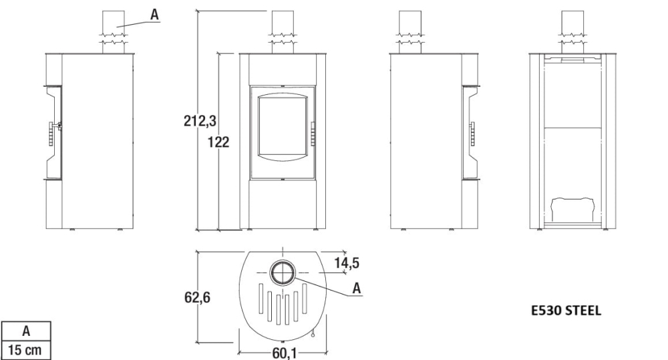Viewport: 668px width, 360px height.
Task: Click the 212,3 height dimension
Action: point(200,121)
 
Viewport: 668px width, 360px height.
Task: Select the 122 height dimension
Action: point(218,142)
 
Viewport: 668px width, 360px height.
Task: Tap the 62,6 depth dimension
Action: point(197,297)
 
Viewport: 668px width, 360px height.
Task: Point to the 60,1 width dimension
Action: point(284,353)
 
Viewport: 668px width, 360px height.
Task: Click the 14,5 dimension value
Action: point(346,263)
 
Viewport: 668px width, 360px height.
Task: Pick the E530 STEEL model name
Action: point(566,311)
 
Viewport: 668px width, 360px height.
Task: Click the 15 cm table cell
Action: point(26,350)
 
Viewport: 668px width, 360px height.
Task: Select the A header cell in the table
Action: point(26,331)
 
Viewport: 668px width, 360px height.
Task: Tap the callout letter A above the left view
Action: point(154,15)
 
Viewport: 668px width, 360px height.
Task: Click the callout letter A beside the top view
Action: point(357,289)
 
